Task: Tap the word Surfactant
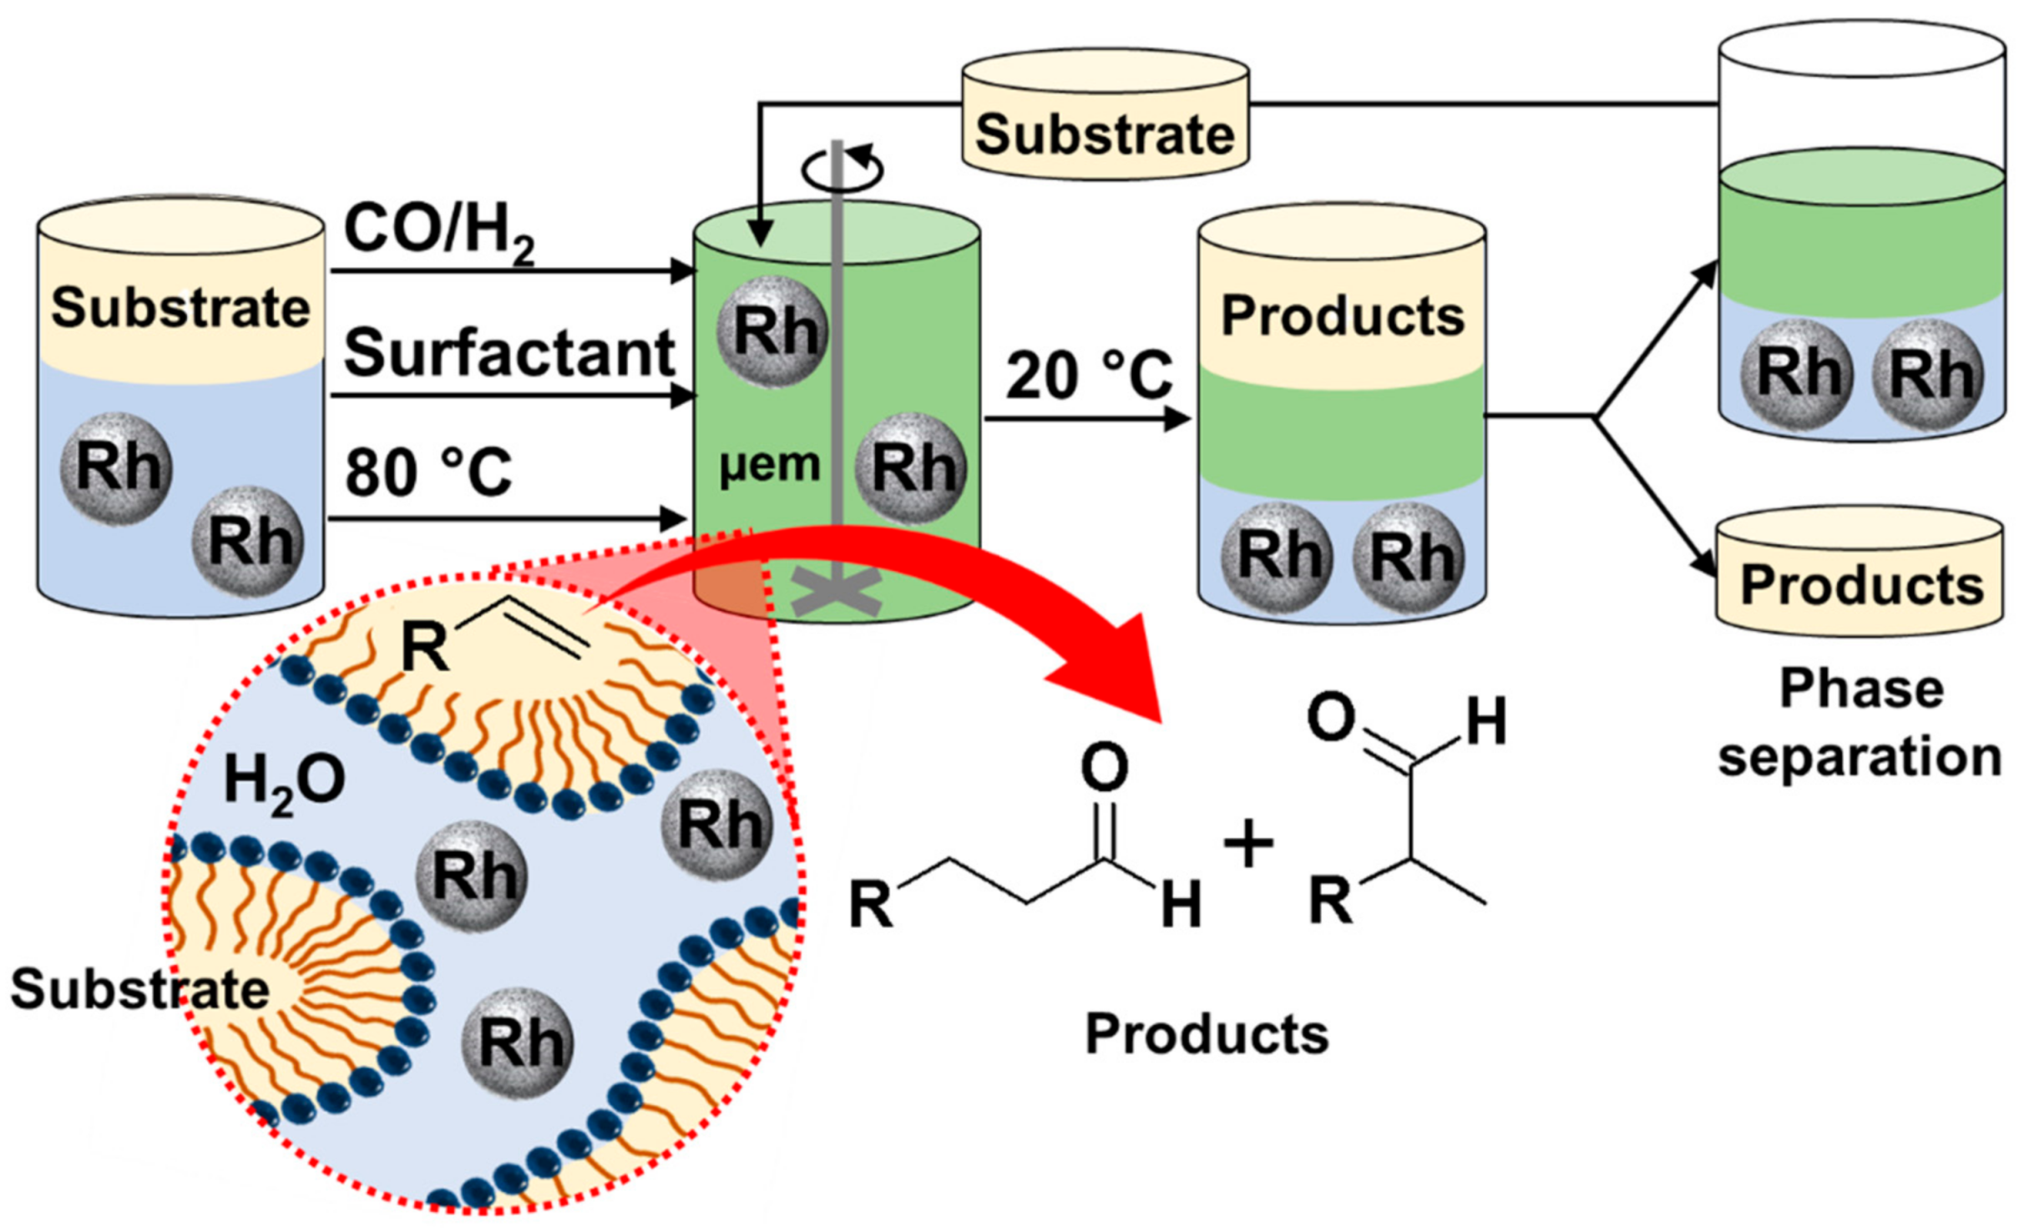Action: tap(509, 353)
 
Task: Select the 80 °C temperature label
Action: tap(428, 472)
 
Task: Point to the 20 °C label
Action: tap(1089, 375)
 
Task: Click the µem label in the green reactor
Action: tap(769, 466)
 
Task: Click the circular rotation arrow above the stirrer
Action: tap(842, 168)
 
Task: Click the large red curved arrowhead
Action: tap(1111, 668)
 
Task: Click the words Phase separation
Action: tap(1860, 723)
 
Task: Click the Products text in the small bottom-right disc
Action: tap(1861, 585)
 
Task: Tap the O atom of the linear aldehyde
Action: tap(1104, 769)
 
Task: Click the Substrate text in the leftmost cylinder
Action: tap(180, 308)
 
